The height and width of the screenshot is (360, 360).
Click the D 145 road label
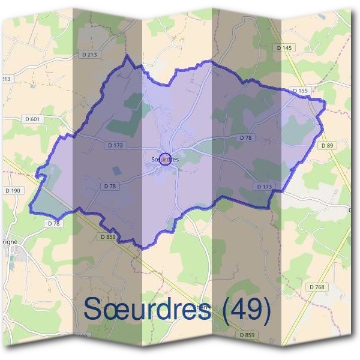click(x=285, y=47)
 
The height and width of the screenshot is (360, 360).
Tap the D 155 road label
click(x=301, y=91)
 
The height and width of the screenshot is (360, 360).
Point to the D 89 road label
click(x=327, y=145)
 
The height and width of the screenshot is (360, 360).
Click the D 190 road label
click(x=12, y=190)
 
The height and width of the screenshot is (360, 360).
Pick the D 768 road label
click(x=318, y=287)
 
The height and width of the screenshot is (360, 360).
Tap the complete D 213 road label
click(x=88, y=54)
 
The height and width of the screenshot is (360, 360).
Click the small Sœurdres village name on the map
click(x=166, y=159)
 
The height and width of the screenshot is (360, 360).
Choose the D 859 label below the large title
click(x=246, y=334)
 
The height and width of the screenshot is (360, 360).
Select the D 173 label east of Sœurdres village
click(x=265, y=187)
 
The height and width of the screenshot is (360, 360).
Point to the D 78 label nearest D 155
click(x=245, y=137)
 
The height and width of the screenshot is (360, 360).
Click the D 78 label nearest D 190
click(x=53, y=223)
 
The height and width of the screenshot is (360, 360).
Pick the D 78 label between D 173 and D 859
click(x=109, y=187)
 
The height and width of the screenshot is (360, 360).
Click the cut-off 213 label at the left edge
click(x=6, y=79)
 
